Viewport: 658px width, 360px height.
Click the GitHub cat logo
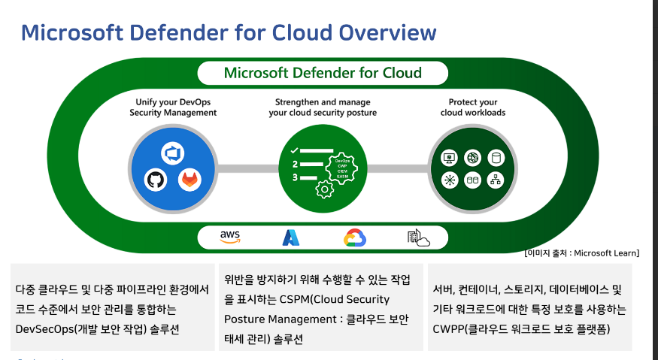[x=156, y=180]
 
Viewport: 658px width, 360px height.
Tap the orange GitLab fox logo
[x=190, y=180]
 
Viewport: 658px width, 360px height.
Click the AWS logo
[x=230, y=237]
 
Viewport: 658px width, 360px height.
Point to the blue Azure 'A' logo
[x=291, y=237]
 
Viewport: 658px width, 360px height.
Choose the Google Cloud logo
[x=354, y=237]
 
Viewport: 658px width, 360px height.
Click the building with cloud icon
[x=417, y=237]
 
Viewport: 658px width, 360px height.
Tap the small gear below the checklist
[x=325, y=189]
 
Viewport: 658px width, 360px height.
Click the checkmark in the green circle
[x=295, y=151]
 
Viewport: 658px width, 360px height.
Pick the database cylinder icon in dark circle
[x=495, y=158]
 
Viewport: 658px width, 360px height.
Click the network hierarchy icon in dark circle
[x=495, y=180]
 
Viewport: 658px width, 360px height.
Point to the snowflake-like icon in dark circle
[x=450, y=180]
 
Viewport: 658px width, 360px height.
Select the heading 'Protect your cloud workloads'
[x=473, y=107]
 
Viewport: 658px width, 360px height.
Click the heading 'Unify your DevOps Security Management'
[x=173, y=107]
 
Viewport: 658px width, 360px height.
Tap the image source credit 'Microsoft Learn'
[x=606, y=253]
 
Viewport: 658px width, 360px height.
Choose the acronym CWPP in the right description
[x=452, y=328]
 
